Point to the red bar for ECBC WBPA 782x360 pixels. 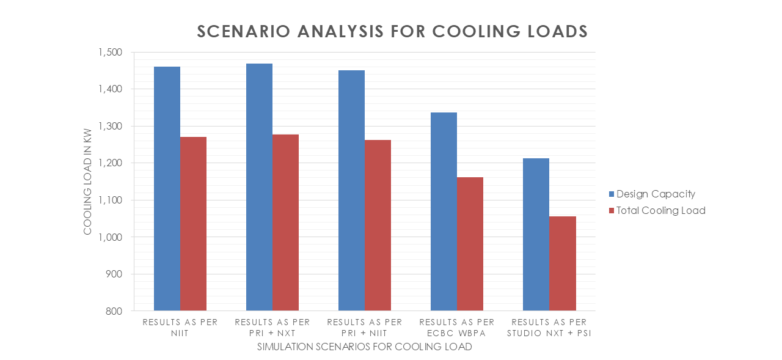tap(470, 244)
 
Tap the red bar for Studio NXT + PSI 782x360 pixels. tap(563, 263)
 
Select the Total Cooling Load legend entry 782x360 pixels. tap(660, 210)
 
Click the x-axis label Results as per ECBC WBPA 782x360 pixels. tap(457, 327)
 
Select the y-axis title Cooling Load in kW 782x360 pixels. tap(87, 182)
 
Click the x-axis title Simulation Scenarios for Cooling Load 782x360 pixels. tap(364, 347)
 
